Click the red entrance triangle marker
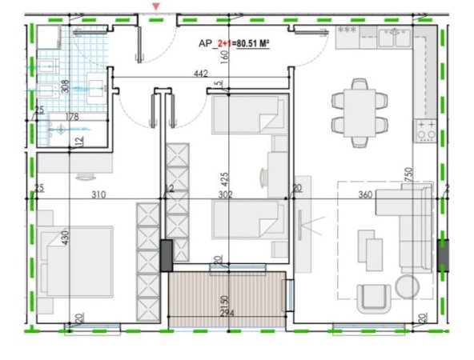157,7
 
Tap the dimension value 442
201,74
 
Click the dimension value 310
98,195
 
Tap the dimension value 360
364,195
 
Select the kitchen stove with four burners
424,130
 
